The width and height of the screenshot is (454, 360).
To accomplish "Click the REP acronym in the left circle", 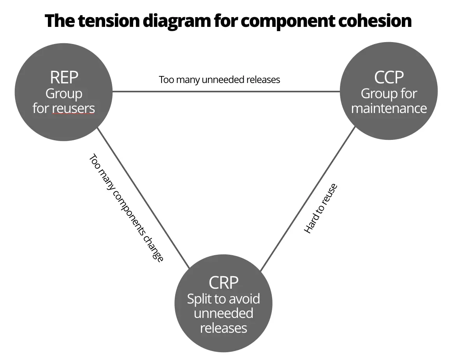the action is pos(64,77).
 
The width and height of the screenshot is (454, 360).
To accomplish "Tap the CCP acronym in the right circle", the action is pos(389,77).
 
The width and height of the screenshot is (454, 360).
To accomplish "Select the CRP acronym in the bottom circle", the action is pos(223,282).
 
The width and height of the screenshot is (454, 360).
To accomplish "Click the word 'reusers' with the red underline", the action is pos(74,108).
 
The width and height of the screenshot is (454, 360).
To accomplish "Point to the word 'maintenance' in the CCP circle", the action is pos(389,108).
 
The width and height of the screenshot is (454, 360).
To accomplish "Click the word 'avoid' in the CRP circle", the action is pos(245,298).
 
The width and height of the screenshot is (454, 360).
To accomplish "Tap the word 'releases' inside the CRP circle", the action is pos(223,328).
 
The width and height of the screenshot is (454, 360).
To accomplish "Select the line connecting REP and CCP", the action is pos(226,92).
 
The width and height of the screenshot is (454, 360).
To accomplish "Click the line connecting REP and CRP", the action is pos(143,198).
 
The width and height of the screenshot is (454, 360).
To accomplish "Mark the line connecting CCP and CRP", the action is pos(308,199).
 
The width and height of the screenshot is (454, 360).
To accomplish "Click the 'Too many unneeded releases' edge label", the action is pos(220,79).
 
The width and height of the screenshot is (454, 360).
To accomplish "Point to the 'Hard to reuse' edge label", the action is pos(320,208).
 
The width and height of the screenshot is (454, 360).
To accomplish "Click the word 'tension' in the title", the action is pos(109,21).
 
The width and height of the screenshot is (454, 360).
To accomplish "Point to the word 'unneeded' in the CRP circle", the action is pos(223,313).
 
